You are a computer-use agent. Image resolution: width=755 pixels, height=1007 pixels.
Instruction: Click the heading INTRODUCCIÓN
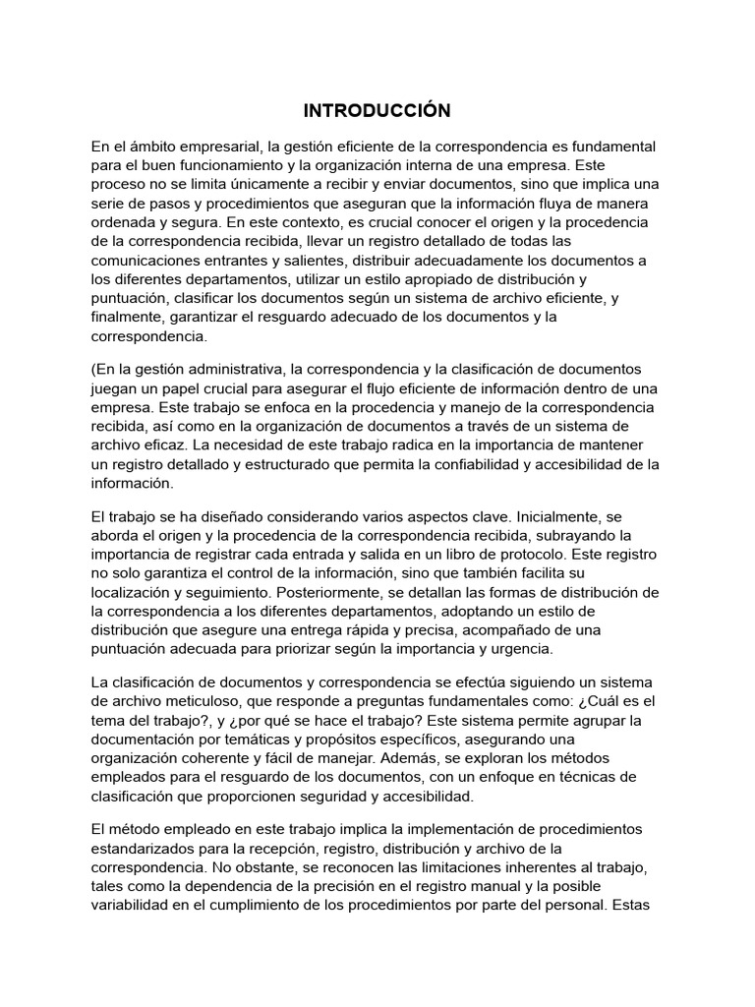click(377, 109)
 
